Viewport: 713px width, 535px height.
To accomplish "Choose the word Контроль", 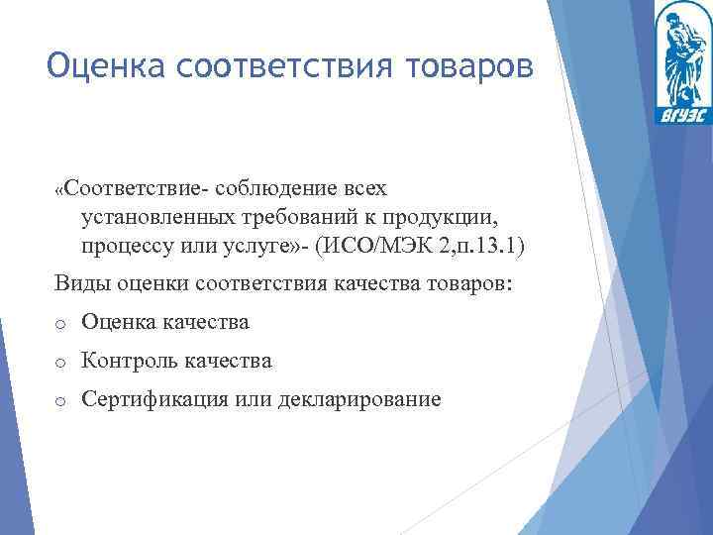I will (x=129, y=362).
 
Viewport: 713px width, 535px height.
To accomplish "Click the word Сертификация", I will (x=152, y=400).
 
